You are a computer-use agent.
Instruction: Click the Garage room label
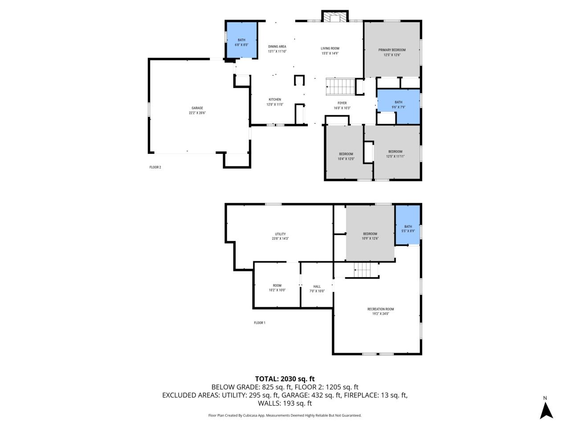point(197,110)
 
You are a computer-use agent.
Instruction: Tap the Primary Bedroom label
point(392,52)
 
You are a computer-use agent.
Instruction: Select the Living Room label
point(330,51)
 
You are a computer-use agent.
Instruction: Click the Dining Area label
point(277,49)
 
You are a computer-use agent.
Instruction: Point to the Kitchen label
point(275,102)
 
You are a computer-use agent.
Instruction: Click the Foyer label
point(342,105)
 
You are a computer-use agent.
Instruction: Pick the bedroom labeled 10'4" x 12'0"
point(346,156)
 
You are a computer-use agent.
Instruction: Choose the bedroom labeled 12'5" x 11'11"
point(395,153)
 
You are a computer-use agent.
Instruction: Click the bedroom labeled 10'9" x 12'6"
point(370,236)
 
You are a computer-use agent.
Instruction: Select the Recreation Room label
point(380,311)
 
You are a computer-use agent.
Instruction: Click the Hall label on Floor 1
point(317,289)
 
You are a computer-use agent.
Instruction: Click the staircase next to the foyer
point(341,86)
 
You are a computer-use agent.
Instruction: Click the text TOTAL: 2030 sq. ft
point(285,379)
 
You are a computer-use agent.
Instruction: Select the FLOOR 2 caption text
point(155,168)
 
